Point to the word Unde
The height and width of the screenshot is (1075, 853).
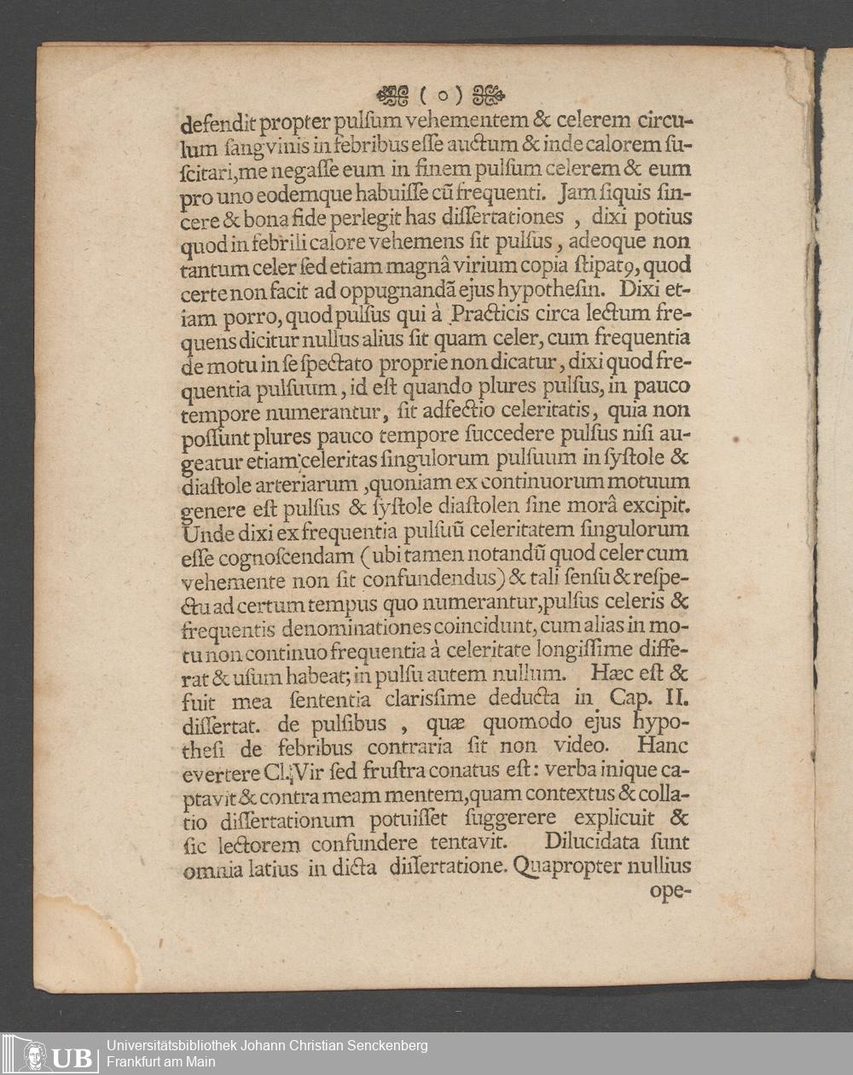pyautogui.click(x=201, y=530)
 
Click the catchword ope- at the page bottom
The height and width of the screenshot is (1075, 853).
pyautogui.click(x=670, y=892)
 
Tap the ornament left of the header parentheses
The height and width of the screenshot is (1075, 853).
pyautogui.click(x=392, y=94)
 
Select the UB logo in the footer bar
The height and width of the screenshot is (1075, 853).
pyautogui.click(x=57, y=1055)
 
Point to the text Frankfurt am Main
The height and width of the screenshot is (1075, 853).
pyautogui.click(x=161, y=1062)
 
